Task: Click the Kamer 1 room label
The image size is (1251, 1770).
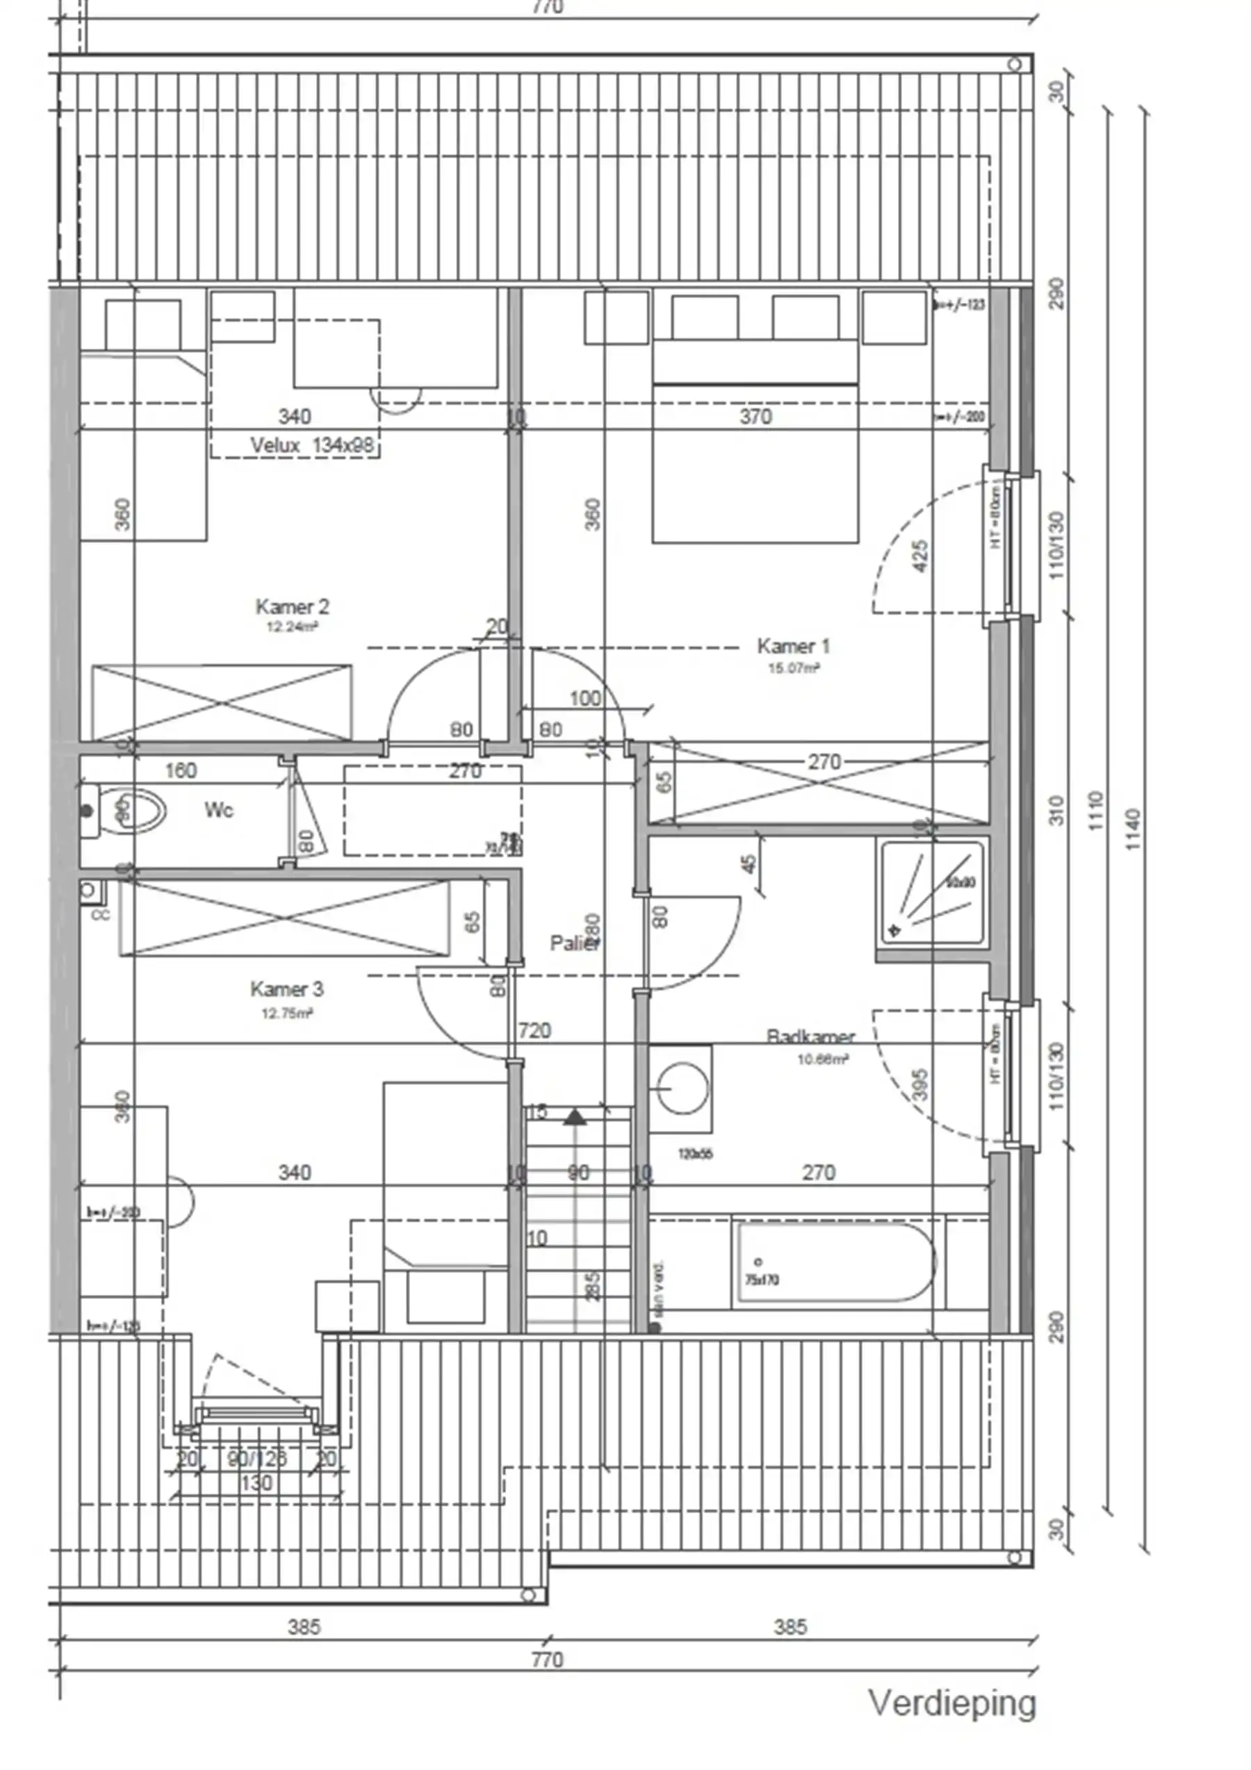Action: [x=793, y=645]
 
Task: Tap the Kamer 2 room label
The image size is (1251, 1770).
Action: [x=293, y=606]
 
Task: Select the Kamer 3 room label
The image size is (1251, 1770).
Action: [x=286, y=989]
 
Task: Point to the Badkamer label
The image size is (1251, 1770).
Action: [x=810, y=1036]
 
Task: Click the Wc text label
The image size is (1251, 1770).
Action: [x=219, y=809]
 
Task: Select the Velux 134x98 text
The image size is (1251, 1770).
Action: [x=311, y=445]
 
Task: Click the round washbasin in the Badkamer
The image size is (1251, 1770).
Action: [x=682, y=1089]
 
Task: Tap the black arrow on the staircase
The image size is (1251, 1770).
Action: [x=575, y=1116]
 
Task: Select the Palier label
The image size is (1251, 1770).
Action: [x=574, y=943]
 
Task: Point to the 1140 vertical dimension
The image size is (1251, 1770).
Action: [x=1131, y=829]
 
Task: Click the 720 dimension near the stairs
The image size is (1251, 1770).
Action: [x=534, y=1030]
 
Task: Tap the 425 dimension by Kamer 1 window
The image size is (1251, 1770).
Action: [x=919, y=556]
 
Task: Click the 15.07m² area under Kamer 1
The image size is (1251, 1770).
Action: [x=793, y=668]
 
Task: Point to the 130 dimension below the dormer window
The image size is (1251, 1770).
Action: [x=256, y=1483]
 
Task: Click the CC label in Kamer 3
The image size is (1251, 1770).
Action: [x=100, y=915]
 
